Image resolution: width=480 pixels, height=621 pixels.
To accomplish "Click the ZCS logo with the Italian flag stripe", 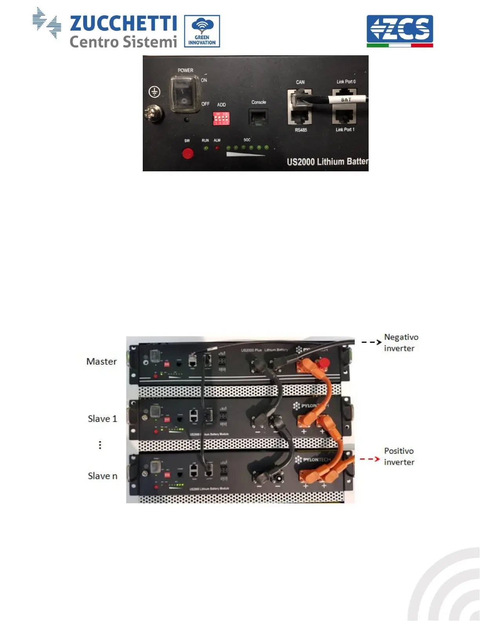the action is click(400, 31).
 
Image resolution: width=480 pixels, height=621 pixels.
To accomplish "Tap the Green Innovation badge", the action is click(202, 31).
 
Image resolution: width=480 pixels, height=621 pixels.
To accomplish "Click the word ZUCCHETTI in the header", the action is click(123, 24).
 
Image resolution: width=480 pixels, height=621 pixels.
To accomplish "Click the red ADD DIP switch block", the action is click(221, 118).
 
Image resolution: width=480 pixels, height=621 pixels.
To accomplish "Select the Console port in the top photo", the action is click(258, 117).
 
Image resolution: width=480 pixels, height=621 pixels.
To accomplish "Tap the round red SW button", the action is click(188, 153).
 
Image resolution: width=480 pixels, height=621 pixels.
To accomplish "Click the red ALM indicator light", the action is click(217, 148).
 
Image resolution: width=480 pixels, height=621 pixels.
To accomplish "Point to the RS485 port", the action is click(300, 117).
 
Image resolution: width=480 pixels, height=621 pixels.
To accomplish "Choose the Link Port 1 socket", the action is click(344, 116).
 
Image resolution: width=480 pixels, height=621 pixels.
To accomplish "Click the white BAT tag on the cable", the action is click(346, 100).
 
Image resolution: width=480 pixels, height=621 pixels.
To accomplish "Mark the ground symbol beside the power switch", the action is click(155, 92).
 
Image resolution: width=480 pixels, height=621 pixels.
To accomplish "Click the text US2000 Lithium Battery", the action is click(327, 162).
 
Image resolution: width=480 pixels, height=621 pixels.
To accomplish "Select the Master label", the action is click(102, 361).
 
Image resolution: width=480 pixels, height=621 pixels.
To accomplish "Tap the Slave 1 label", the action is click(102, 419).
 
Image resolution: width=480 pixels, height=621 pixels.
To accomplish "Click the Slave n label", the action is click(102, 476).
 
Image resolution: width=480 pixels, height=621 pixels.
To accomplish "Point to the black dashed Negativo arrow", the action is click(371, 342).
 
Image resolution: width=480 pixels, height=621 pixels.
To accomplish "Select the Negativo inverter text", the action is click(401, 343).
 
